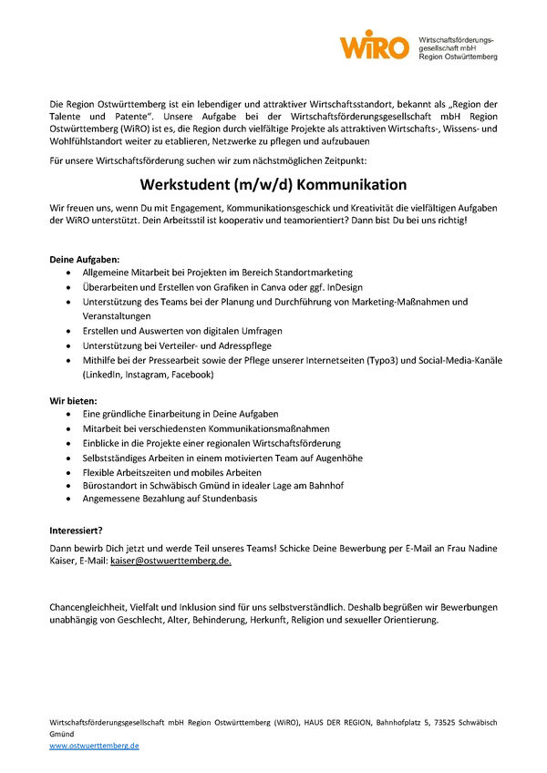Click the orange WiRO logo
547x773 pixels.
click(x=374, y=44)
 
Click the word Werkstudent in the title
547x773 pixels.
click(x=199, y=184)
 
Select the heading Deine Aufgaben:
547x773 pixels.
click(x=85, y=259)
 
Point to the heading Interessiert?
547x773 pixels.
click(x=76, y=530)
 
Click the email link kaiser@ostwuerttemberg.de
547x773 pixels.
click(x=170, y=562)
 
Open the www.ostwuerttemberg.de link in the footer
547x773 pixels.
click(x=94, y=745)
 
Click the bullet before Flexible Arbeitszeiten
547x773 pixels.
click(x=72, y=473)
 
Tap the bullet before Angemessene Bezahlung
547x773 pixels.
click(x=72, y=499)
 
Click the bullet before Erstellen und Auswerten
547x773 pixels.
click(x=72, y=331)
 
